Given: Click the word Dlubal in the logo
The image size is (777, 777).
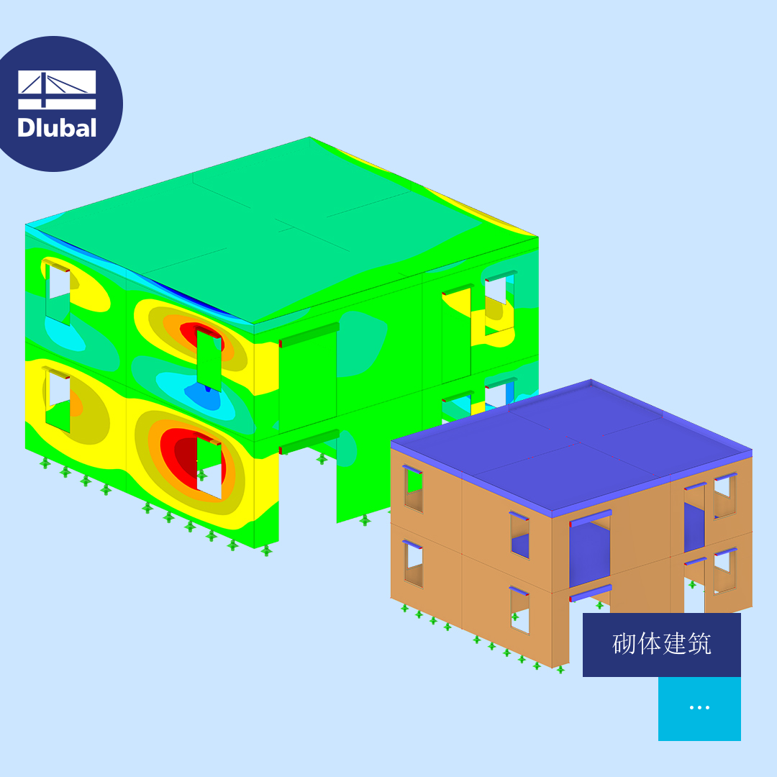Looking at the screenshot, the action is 57,128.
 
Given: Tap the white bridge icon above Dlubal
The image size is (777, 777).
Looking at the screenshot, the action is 57,90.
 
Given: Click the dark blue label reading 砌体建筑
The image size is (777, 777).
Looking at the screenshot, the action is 662,645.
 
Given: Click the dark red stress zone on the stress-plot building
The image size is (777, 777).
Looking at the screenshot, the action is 179,457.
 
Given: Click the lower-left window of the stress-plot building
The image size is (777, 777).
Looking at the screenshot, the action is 58,402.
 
